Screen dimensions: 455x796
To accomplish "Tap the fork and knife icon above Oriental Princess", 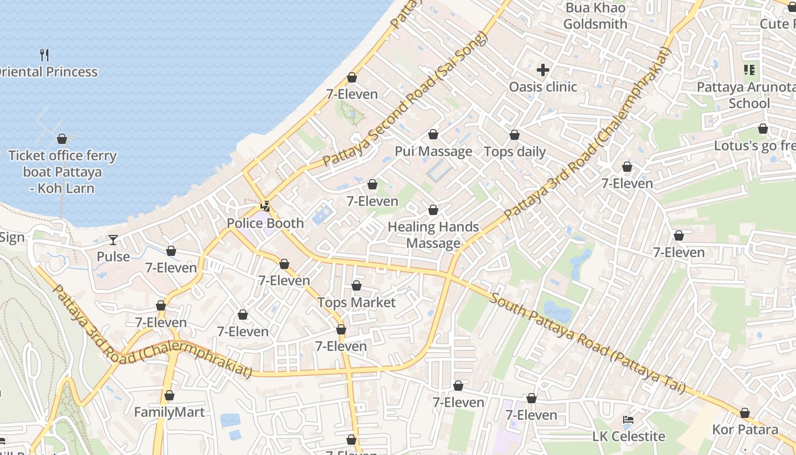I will point(44,55).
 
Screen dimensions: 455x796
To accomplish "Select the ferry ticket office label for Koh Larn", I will point(62,172).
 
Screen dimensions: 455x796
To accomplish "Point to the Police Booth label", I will point(266,223).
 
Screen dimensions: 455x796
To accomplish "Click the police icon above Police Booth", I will point(265,206).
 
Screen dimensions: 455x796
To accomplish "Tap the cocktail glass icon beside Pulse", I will point(113,240).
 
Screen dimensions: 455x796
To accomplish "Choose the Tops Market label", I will point(356,302).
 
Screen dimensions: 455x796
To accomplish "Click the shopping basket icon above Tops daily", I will point(515,135).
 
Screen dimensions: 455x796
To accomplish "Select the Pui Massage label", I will point(434,151).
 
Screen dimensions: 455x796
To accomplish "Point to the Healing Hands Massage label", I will point(433,235).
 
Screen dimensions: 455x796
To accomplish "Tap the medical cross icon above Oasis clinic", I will point(543,70).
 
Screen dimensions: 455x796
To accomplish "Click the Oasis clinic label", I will point(543,87).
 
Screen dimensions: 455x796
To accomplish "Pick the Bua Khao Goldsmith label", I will point(595,16).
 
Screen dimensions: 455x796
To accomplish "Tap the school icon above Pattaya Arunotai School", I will point(749,70).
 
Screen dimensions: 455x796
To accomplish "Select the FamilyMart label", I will point(169,412).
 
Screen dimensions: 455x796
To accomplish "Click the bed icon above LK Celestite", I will point(628,420).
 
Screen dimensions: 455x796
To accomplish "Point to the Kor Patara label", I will point(745,429).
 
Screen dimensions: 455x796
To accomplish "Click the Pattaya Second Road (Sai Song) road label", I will point(405,100).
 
